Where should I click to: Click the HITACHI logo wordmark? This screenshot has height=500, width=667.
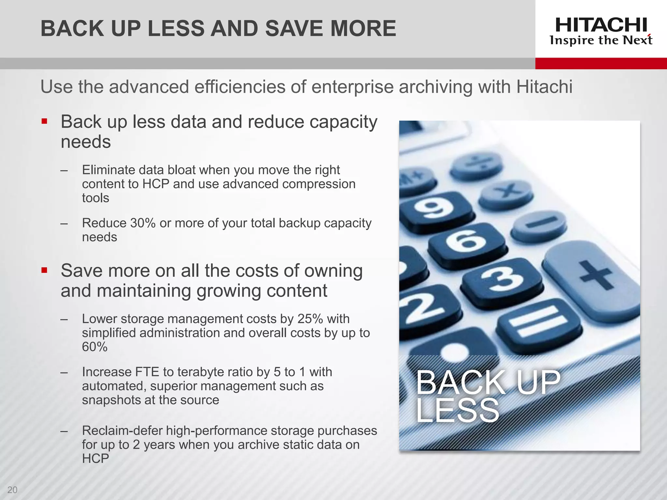pyautogui.click(x=601, y=25)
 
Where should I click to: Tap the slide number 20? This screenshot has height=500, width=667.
pyautogui.click(x=12, y=490)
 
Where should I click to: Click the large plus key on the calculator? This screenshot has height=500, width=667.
pyautogui.click(x=596, y=275)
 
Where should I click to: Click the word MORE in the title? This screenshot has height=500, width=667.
pyautogui.click(x=363, y=28)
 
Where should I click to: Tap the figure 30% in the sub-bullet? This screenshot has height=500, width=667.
pyautogui.click(x=143, y=223)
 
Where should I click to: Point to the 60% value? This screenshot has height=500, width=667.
pyautogui.click(x=94, y=347)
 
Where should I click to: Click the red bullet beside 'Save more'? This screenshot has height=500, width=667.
pyautogui.click(x=45, y=270)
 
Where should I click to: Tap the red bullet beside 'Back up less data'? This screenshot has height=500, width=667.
pyautogui.click(x=45, y=122)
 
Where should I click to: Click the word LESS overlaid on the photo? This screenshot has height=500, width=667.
pyautogui.click(x=457, y=411)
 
